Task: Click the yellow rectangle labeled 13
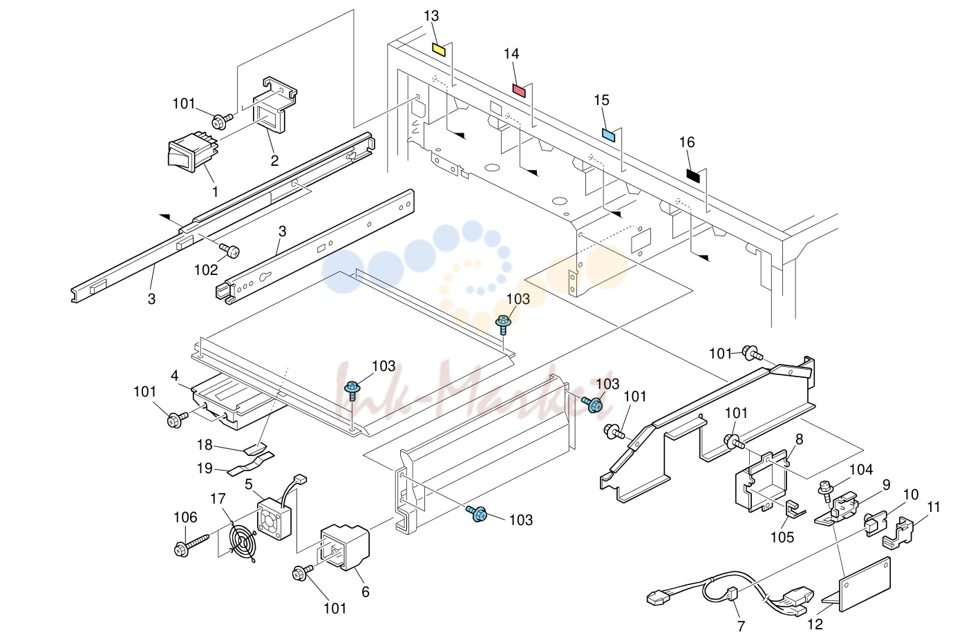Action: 439,49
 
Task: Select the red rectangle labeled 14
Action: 519,90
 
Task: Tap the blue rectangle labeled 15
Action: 609,135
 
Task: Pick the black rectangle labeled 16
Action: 693,175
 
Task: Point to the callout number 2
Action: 275,160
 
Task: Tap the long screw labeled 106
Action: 191,546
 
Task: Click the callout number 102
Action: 206,269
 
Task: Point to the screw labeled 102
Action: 229,250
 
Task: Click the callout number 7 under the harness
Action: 741,626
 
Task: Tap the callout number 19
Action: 205,468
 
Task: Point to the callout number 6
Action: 366,591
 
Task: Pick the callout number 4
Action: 174,375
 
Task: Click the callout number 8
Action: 800,439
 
